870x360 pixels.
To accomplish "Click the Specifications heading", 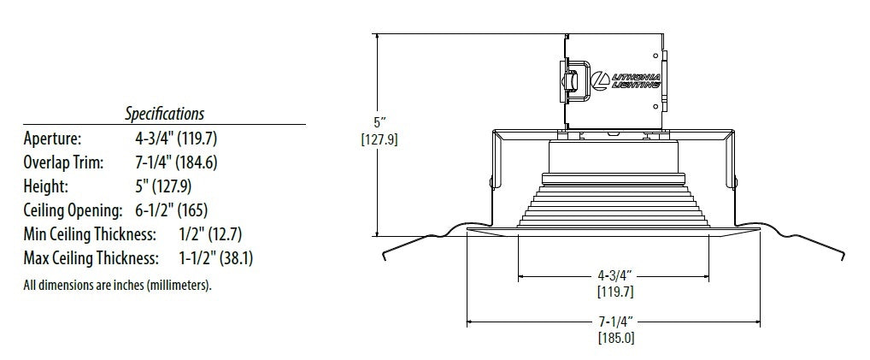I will point(164,113).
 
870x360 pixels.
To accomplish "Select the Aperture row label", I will point(52,138).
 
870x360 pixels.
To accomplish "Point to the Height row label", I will point(45,186).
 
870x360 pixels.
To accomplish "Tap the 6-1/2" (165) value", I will point(170,210).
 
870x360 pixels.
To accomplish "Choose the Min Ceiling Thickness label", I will point(89,233).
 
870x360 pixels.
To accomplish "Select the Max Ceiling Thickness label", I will point(91,257).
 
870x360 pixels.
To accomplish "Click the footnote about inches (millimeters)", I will point(117,285).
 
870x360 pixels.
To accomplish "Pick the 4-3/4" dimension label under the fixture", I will point(614,277).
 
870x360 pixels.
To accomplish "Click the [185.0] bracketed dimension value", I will point(614,338).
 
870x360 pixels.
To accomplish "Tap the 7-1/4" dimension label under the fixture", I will point(614,322).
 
